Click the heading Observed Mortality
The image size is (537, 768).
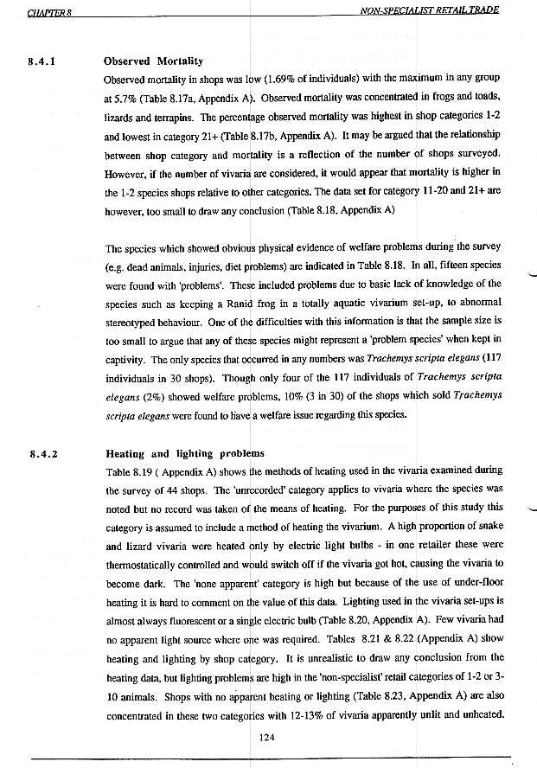[x=153, y=61]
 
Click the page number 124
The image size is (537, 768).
[x=269, y=737]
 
